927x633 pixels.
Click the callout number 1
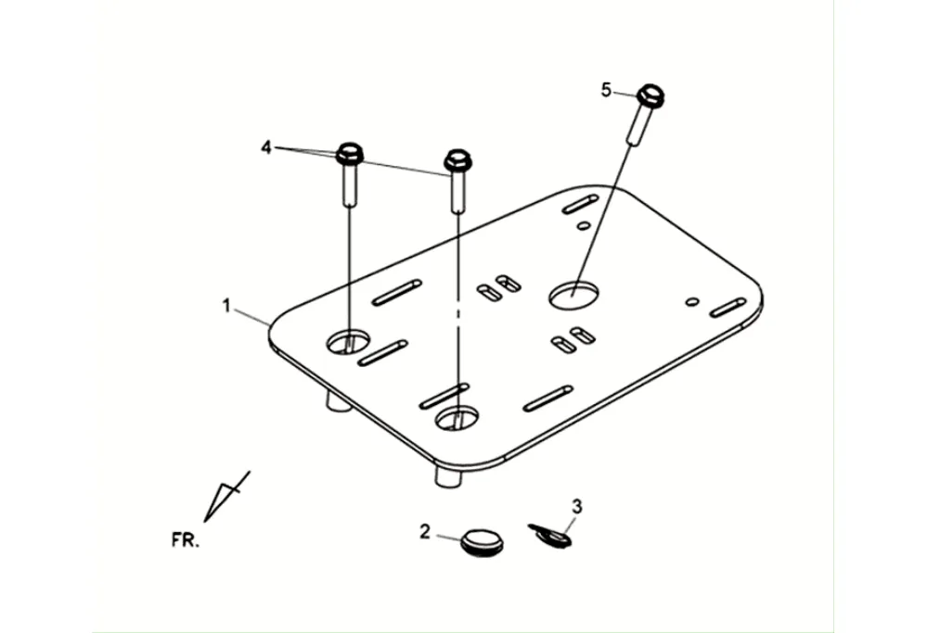point(226,306)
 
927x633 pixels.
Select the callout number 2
point(425,531)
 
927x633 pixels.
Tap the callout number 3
point(577,506)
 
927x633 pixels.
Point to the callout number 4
point(266,147)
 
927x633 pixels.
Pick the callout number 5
point(607,90)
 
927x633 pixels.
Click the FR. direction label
point(186,539)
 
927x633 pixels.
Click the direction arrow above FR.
point(226,497)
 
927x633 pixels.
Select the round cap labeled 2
point(482,542)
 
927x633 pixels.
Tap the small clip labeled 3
point(550,535)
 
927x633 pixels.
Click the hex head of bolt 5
point(650,95)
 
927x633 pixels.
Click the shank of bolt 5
point(637,125)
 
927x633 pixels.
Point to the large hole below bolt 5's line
point(573,294)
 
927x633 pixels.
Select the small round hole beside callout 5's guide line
point(584,225)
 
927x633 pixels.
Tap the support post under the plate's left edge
point(339,401)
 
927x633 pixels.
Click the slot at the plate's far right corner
point(727,308)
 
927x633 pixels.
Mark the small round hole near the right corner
point(692,302)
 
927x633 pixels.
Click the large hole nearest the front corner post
point(457,417)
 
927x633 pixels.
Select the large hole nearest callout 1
point(348,342)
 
